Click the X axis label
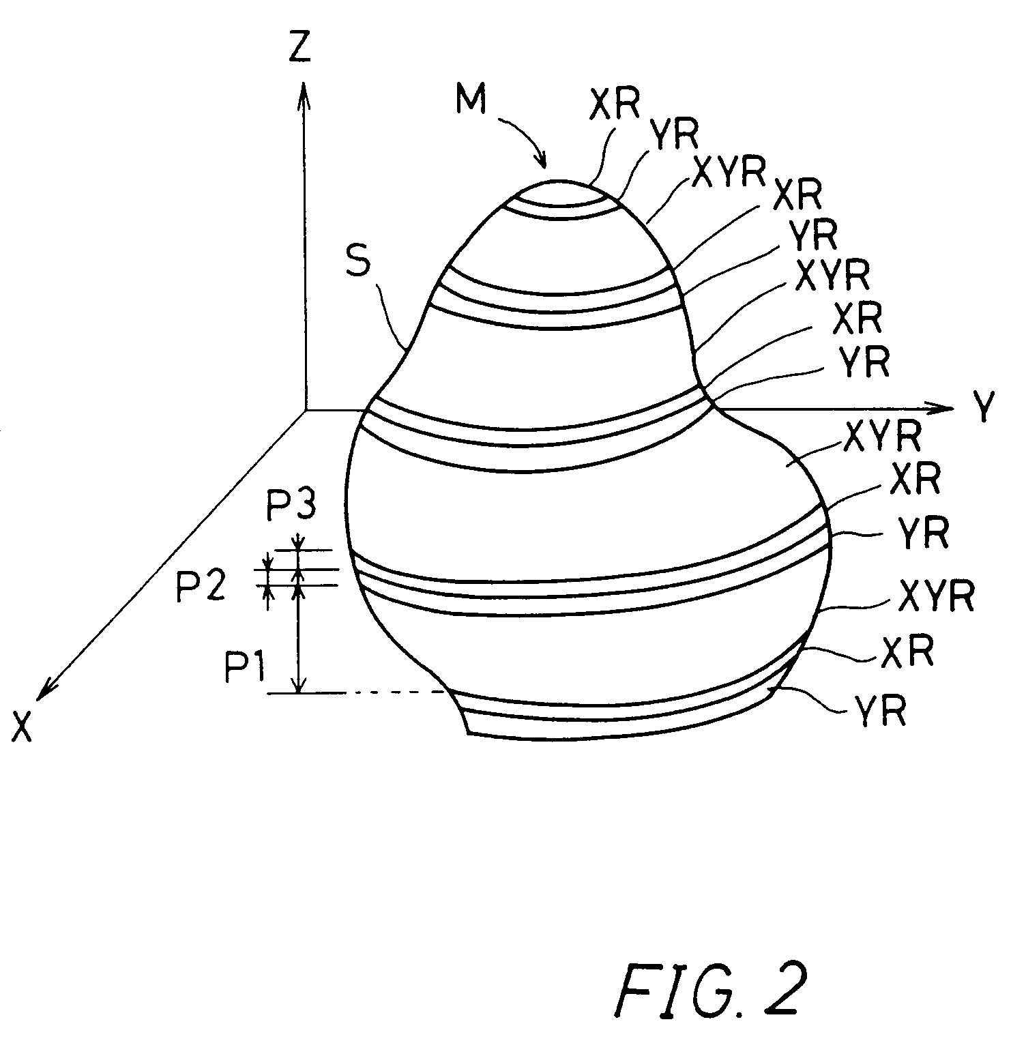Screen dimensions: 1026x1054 (23, 728)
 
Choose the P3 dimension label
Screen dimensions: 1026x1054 (289, 507)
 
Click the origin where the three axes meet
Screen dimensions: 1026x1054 (305, 411)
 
